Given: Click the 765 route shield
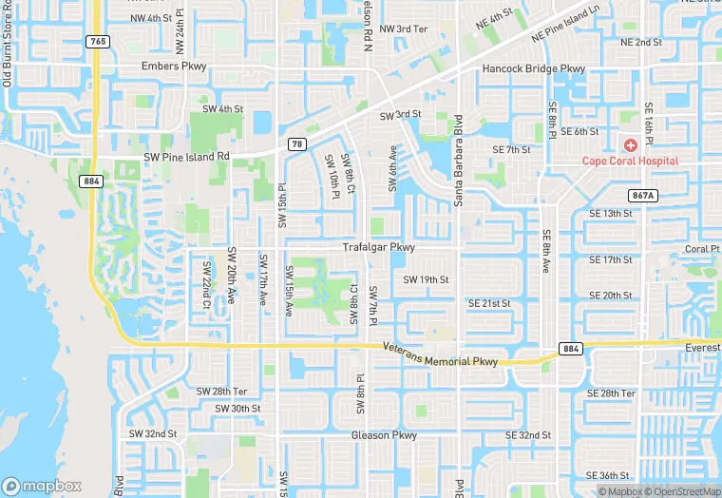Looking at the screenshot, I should (96, 41).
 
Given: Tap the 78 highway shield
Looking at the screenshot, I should (297, 144).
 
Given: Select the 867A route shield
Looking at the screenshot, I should (643, 195).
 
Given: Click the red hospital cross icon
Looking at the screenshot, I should (631, 144).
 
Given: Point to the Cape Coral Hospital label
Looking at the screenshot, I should (630, 161).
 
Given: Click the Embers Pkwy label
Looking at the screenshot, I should (173, 67).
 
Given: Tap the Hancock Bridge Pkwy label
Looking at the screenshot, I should (534, 69).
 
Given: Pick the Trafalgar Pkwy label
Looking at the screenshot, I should (379, 247).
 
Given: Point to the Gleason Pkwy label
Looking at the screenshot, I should (384, 435).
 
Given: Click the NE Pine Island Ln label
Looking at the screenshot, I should (566, 28).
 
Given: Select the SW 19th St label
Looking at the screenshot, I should (426, 279).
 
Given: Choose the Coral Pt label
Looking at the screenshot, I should (702, 249).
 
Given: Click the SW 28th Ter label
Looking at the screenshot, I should (221, 392).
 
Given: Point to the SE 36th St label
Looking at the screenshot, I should (608, 475).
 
